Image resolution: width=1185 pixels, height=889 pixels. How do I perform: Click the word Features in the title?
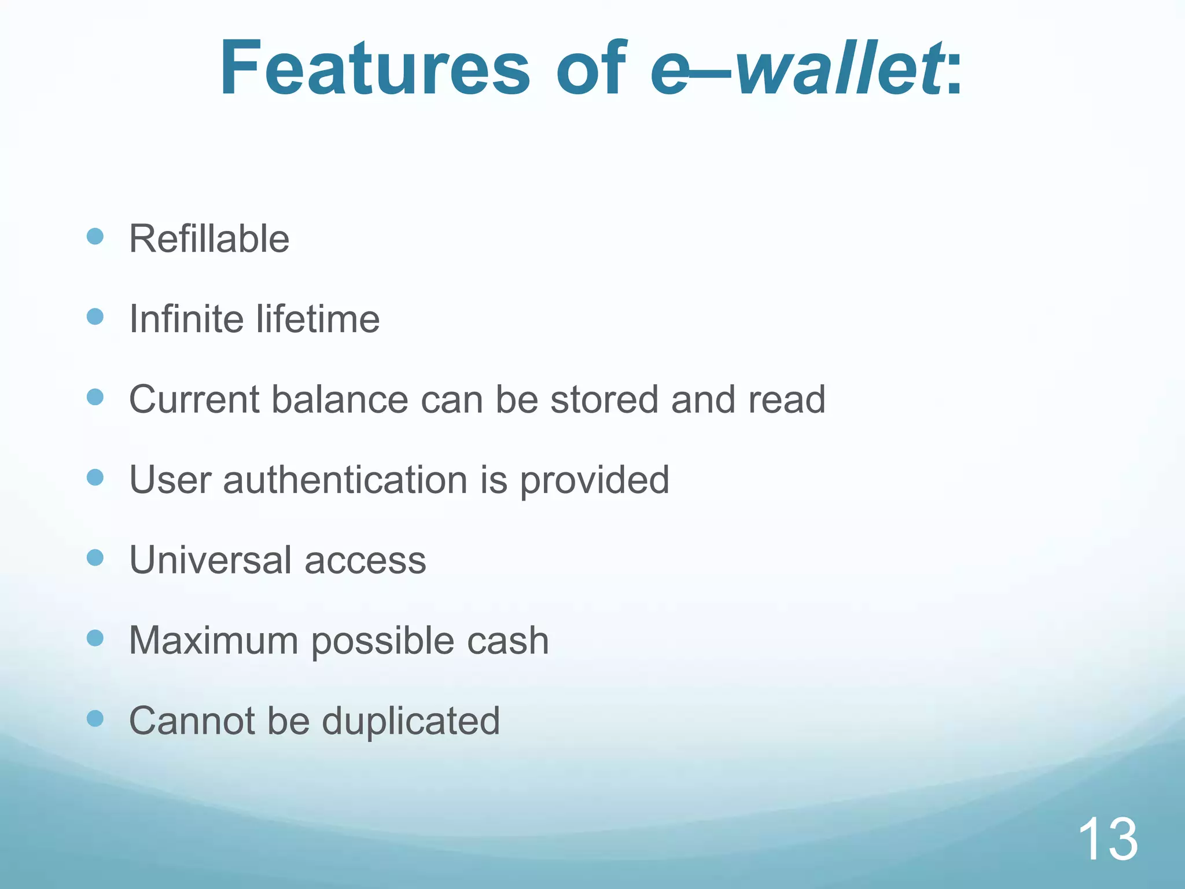(374, 68)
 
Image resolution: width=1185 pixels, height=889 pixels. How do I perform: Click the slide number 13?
(1107, 840)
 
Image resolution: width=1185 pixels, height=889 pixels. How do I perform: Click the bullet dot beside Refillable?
(95, 236)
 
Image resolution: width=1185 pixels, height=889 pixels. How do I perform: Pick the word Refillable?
(209, 238)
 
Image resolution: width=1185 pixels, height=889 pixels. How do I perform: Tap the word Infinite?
(186, 319)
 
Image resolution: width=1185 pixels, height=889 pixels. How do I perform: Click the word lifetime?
(318, 319)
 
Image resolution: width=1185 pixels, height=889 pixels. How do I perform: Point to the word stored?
(604, 399)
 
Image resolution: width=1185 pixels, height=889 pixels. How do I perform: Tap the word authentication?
(345, 480)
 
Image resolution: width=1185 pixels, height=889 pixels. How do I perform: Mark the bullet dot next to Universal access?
(95, 558)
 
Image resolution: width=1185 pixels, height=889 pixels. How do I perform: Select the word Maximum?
(214, 641)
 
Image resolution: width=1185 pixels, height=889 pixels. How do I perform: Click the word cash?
(507, 641)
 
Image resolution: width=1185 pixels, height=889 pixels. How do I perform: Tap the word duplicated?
(410, 721)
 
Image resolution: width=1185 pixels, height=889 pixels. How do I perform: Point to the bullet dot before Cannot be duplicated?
(95, 719)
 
